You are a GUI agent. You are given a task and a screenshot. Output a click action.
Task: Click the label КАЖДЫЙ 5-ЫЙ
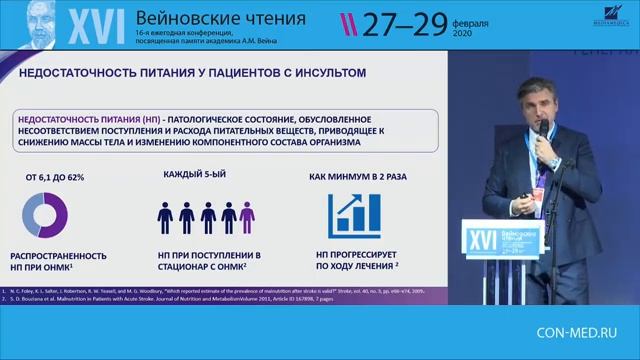pyautogui.click(x=196, y=174)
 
